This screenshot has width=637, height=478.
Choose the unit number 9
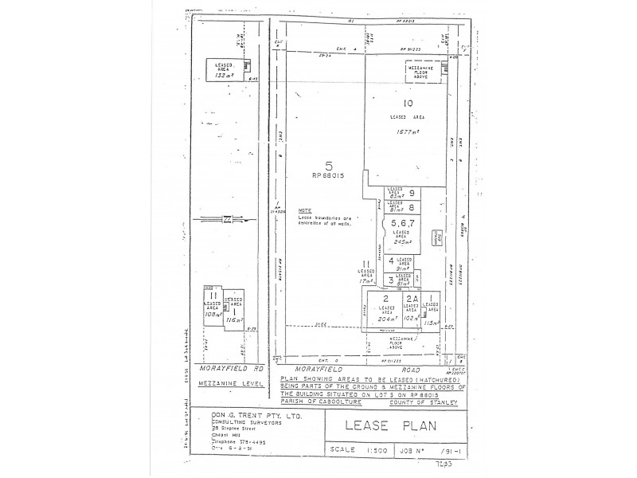click(x=412, y=193)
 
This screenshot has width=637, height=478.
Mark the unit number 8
click(x=412, y=207)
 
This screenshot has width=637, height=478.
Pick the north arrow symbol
click(x=229, y=219)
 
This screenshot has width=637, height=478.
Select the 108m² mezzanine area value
click(x=212, y=314)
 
